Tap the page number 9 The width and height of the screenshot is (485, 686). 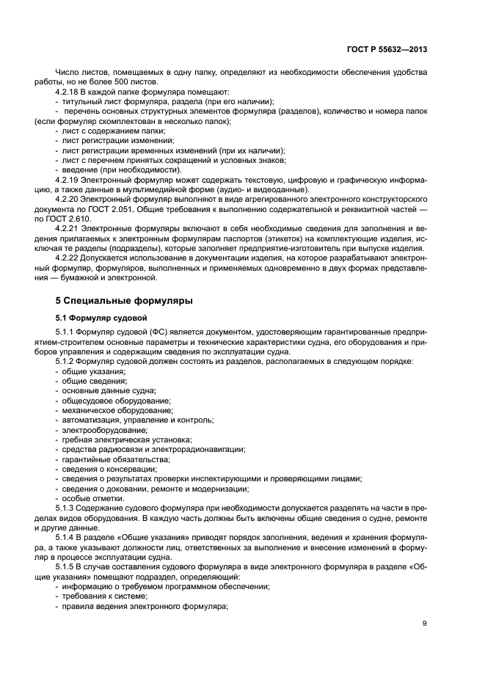point(425,624)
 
